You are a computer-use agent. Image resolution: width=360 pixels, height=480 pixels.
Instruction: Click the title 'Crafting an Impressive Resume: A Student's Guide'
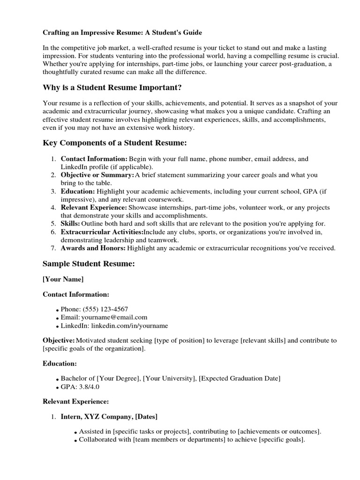[123, 32]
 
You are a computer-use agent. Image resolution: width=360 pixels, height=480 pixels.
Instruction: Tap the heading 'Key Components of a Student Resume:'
[114, 142]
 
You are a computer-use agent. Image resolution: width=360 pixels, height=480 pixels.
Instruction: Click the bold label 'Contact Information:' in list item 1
[94, 159]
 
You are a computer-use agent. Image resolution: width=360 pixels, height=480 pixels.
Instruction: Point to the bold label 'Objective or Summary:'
[97, 175]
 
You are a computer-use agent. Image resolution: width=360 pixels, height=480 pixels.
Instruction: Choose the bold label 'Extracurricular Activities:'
[102, 232]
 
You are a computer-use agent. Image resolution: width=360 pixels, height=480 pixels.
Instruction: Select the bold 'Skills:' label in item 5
[70, 224]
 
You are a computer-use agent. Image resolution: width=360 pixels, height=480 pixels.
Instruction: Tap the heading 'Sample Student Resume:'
[89, 264]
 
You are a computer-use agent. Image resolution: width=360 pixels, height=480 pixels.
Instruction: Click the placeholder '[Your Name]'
[63, 279]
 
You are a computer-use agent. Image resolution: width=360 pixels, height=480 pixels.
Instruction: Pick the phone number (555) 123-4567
[105, 309]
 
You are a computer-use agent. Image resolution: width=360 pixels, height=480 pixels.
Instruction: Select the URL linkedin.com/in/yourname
[129, 325]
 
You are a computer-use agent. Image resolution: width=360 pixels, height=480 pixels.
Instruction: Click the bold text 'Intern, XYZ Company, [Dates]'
[109, 416]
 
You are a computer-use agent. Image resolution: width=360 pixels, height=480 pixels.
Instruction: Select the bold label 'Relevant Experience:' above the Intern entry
[75, 401]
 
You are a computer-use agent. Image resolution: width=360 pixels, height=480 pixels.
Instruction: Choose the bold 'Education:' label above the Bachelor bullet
[60, 363]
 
